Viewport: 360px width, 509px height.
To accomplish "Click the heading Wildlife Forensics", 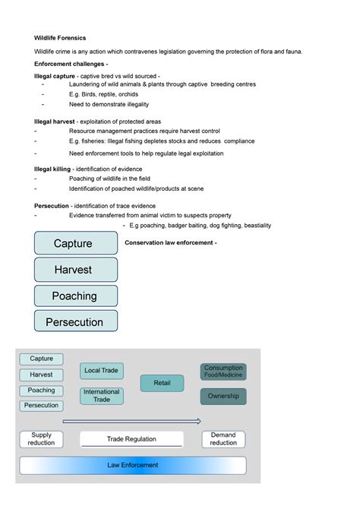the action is tap(60, 37).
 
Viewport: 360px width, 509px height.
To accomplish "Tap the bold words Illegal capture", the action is tap(55, 77).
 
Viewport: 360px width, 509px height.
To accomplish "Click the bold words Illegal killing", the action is tap(53, 169).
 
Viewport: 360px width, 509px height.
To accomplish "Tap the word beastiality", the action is tap(251, 225).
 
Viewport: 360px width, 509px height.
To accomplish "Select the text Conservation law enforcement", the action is tap(169, 243).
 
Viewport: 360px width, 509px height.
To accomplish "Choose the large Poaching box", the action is tap(76, 296).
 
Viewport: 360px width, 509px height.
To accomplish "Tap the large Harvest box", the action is tap(76, 270).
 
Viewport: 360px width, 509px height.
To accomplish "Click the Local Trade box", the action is tap(101, 371).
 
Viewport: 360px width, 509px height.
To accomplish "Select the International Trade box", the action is tap(101, 396).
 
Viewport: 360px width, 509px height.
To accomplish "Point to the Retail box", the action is tap(162, 383).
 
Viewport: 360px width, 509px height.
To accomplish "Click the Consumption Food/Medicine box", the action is tap(223, 371).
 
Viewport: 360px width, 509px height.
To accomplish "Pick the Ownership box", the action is tap(223, 397).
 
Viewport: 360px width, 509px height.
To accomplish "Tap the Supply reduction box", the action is tap(41, 439).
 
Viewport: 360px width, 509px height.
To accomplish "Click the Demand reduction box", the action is tap(223, 439).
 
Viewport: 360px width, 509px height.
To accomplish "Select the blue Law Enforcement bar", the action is tap(133, 465).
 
